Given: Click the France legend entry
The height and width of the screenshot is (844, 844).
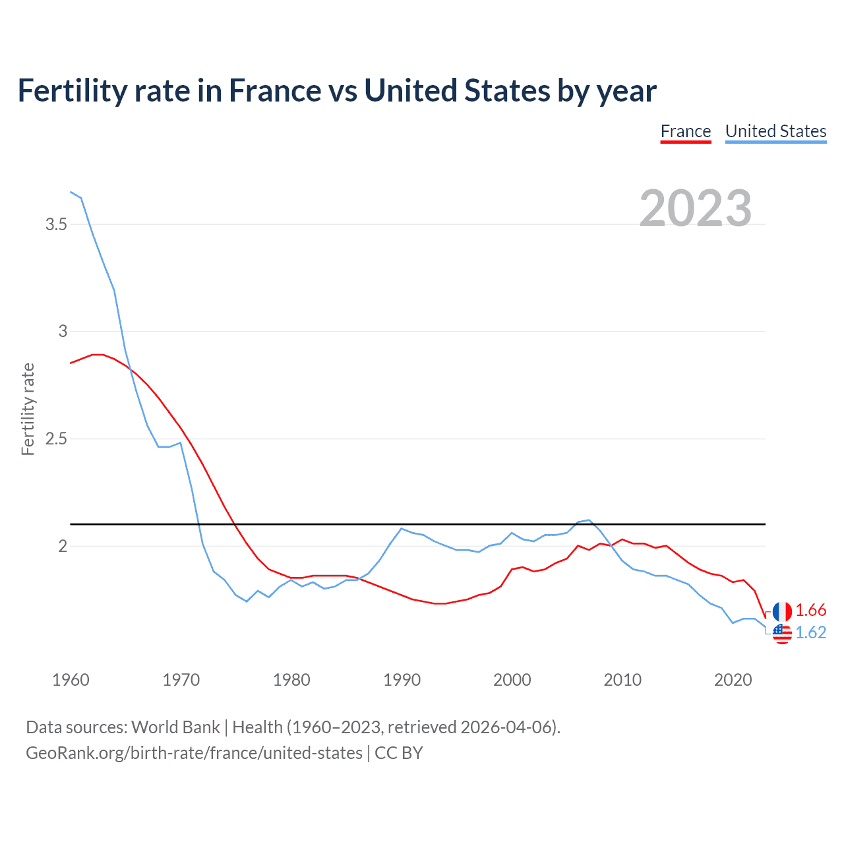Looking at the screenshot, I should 686,131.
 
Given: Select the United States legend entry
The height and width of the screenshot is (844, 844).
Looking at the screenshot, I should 775,131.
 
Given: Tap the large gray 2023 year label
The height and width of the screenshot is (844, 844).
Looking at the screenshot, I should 696,208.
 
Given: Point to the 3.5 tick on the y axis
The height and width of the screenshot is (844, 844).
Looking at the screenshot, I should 57,224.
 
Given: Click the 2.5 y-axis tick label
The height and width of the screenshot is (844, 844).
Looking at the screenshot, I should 57,438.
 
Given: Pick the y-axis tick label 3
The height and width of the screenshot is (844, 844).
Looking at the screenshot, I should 63,331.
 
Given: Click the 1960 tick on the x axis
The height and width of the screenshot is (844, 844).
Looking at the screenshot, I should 71,680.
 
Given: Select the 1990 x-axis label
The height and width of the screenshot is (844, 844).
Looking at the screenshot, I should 402,680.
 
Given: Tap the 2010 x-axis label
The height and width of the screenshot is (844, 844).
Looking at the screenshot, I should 622,680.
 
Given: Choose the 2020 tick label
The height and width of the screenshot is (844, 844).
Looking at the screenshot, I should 733,680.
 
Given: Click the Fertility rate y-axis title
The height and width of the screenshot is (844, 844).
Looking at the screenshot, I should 28,409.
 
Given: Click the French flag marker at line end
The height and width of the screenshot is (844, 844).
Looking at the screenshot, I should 782,611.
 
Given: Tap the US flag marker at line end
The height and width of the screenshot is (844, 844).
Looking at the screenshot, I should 782,634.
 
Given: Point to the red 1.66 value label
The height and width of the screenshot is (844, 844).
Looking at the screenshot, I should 811,610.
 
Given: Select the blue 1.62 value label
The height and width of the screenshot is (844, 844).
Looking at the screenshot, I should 811,632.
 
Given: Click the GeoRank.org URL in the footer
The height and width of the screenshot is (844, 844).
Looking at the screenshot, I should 194,753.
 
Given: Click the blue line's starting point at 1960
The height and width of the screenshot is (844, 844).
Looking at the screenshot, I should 71,192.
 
